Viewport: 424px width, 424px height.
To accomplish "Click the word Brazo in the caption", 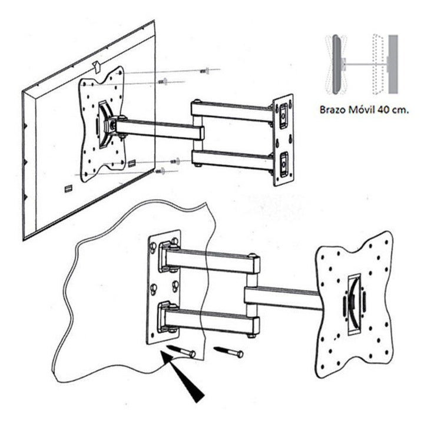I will pyautogui.click(x=333, y=110).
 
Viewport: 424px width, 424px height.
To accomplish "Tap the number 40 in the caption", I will pyautogui.click(x=384, y=110).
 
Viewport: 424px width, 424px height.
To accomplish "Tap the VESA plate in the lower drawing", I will pyautogui.click(x=353, y=300).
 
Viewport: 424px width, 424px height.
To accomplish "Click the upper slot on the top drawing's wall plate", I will pyautogui.click(x=284, y=112).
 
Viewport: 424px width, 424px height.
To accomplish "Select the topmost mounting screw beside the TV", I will pyautogui.click(x=204, y=71).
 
